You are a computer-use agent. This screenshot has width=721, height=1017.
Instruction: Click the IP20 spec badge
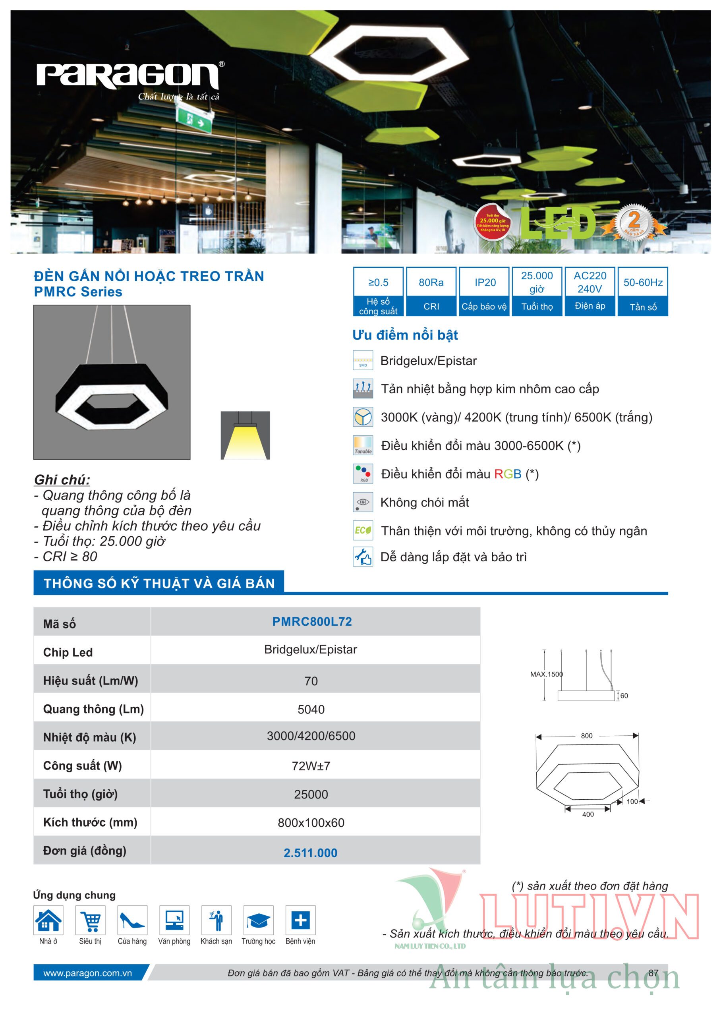[x=484, y=291]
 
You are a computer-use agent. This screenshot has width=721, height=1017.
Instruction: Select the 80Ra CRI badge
[x=431, y=291]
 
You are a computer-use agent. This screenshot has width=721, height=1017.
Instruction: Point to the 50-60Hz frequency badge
[x=642, y=291]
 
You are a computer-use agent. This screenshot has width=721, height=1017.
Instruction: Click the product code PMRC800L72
[x=312, y=621]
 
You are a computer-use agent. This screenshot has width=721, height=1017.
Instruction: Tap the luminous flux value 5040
[x=311, y=709]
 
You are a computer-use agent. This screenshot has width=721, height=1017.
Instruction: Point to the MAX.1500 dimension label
[x=546, y=674]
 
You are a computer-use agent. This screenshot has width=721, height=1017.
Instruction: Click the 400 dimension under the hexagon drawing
[x=588, y=814]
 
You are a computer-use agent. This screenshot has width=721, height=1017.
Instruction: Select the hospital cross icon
[x=300, y=920]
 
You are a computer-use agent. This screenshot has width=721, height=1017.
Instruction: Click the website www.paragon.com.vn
[x=87, y=973]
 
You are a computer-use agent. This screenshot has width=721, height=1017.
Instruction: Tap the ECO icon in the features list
[x=363, y=530]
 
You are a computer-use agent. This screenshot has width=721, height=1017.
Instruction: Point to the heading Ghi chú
[x=62, y=479]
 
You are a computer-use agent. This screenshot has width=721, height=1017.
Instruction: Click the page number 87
[x=653, y=973]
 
